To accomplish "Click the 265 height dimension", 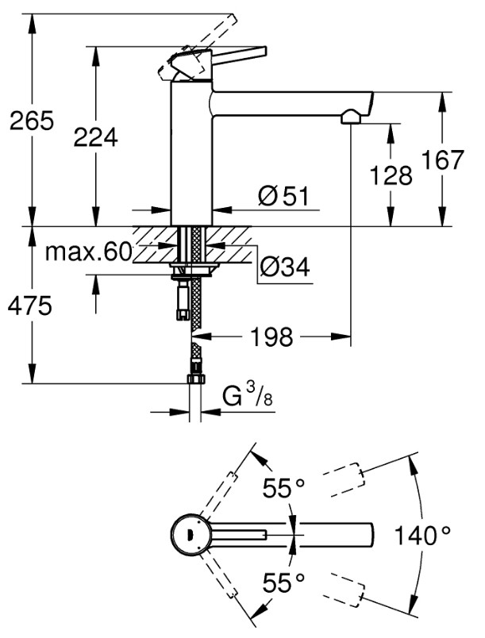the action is [x=32, y=121].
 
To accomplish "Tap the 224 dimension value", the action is [x=95, y=137].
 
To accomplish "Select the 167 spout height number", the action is [x=442, y=159].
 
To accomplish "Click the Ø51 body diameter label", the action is [x=283, y=196].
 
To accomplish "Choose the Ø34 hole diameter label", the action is [x=285, y=267].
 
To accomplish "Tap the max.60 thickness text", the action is [x=89, y=252].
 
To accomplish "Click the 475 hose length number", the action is [x=30, y=306].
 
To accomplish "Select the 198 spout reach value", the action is [x=271, y=336].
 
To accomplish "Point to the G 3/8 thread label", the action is [x=248, y=395].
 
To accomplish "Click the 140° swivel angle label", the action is [x=423, y=535].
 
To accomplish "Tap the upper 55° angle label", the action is [x=283, y=487].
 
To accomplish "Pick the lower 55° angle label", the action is [x=283, y=582].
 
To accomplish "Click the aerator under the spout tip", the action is [x=350, y=117].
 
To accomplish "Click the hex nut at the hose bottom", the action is [x=196, y=379].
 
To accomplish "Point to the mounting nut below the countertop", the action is [x=194, y=269].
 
